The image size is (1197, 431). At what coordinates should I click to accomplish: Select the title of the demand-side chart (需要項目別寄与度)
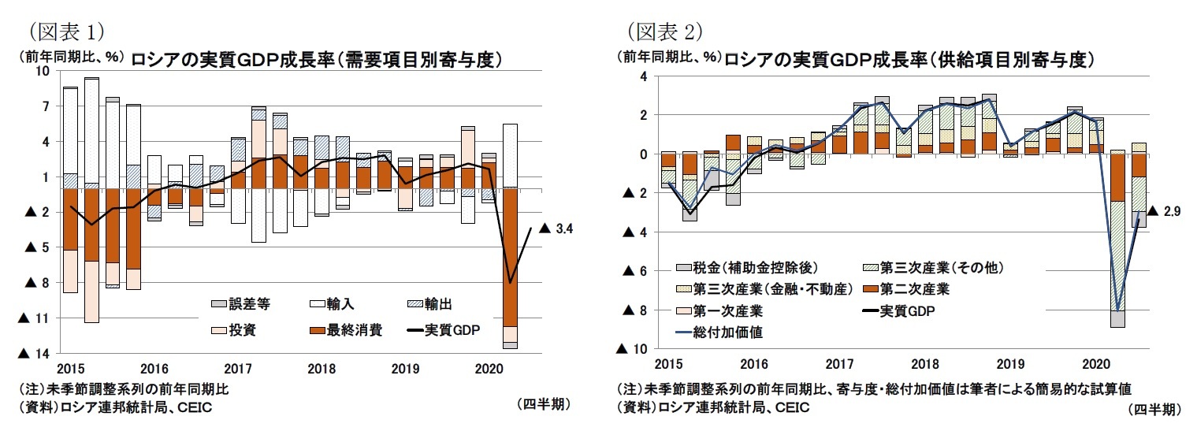pyautogui.click(x=317, y=59)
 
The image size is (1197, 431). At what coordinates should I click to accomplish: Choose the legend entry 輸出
pyautogui.click(x=437, y=303)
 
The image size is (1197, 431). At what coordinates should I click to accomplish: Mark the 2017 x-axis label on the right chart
pyautogui.click(x=840, y=365)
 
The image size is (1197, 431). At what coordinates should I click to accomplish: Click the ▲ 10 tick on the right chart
pyautogui.click(x=634, y=349)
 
